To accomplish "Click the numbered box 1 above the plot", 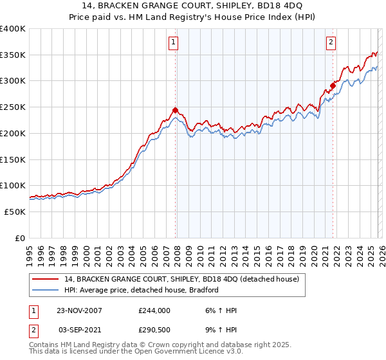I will pyautogui.click(x=174, y=43).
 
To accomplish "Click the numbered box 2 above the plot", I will pyautogui.click(x=331, y=43).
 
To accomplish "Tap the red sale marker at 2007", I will pyautogui.click(x=175, y=110).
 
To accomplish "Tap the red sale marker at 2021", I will pyautogui.click(x=333, y=85).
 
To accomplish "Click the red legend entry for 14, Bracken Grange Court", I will pyautogui.click(x=182, y=280).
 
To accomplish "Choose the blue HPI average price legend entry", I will pyautogui.click(x=142, y=291).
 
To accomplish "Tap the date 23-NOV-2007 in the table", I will pyautogui.click(x=79, y=310).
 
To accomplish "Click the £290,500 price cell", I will pyautogui.click(x=154, y=330).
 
